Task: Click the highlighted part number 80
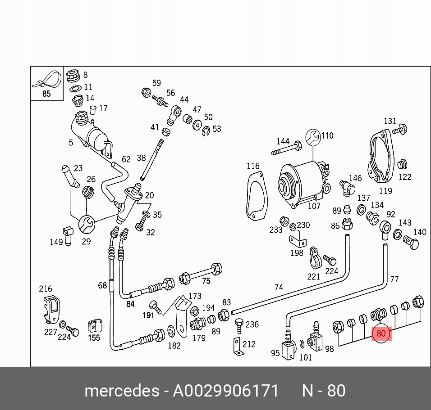click(x=381, y=333)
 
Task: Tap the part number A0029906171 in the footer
click(x=226, y=390)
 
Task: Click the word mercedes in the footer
click(x=121, y=390)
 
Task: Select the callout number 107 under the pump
click(x=314, y=206)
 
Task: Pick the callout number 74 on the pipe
click(x=279, y=287)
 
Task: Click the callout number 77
click(x=394, y=279)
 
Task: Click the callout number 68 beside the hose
click(x=102, y=285)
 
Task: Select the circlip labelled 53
click(x=206, y=131)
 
